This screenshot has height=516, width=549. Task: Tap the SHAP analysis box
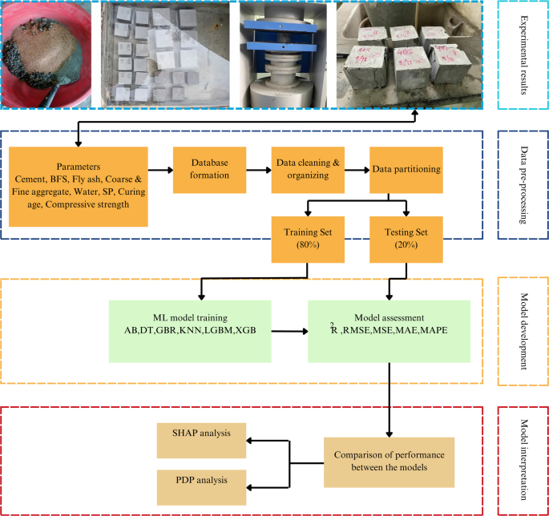(201, 433)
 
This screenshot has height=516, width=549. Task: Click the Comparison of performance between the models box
(389, 462)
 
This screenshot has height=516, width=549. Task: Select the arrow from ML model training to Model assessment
(291, 329)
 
